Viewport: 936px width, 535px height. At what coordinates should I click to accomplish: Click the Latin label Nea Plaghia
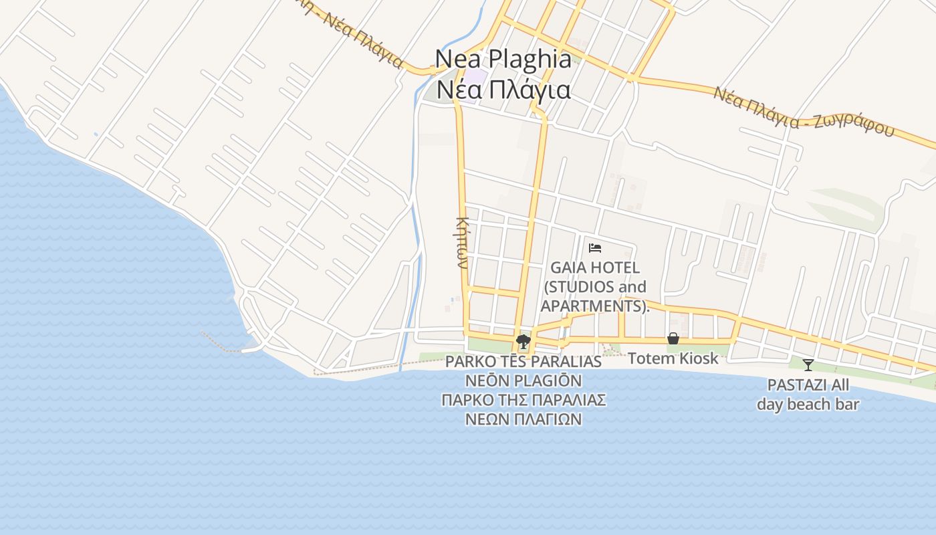503,59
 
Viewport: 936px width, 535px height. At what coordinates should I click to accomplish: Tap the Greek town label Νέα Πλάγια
503,90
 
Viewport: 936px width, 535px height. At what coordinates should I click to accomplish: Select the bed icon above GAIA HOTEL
595,248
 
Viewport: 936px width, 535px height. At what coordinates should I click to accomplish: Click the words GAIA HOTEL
595,267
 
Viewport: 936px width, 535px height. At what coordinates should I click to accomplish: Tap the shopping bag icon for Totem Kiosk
673,338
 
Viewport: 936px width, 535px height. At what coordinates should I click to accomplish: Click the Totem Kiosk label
673,358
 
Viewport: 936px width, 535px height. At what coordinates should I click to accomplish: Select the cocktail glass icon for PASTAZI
808,364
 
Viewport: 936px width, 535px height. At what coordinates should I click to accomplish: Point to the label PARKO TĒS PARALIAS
523,362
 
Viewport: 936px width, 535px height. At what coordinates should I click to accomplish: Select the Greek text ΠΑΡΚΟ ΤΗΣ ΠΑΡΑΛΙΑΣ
523,400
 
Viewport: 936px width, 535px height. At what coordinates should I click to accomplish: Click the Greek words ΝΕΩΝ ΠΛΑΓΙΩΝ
523,419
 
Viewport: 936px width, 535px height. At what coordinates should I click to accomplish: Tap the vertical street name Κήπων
461,242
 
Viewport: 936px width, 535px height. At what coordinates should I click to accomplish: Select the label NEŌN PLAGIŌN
523,381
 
